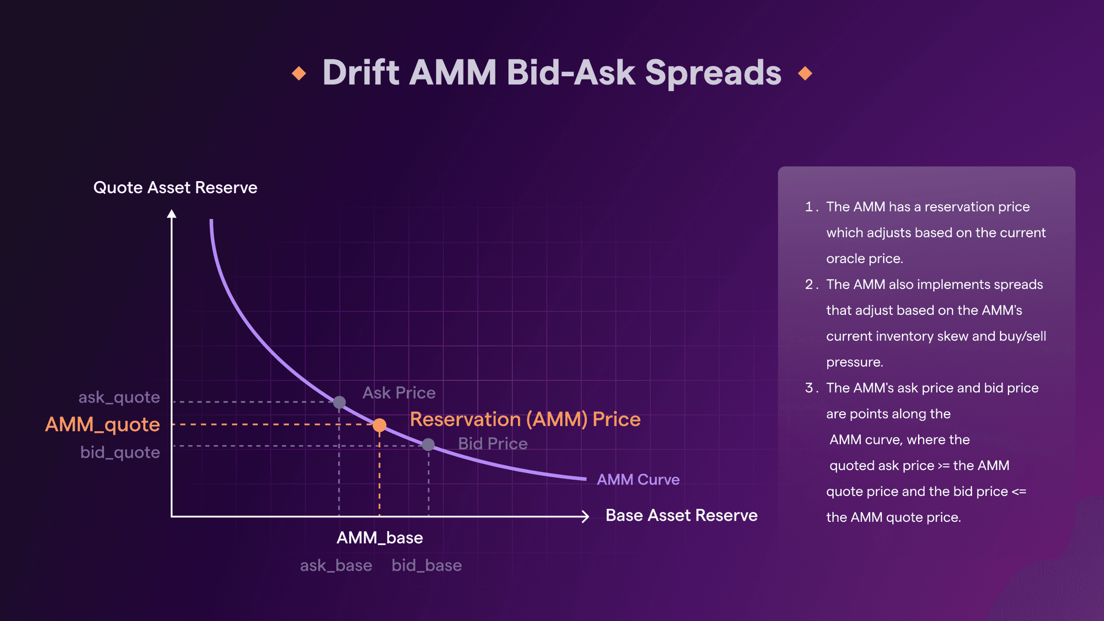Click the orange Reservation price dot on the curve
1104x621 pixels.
click(379, 425)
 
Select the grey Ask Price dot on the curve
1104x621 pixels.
click(339, 402)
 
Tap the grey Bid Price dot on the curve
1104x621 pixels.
click(428, 445)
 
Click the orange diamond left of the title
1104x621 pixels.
click(299, 73)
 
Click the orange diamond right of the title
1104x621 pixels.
click(805, 73)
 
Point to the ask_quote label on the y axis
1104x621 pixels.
click(119, 397)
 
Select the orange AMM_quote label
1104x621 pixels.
click(102, 425)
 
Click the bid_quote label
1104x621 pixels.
click(120, 452)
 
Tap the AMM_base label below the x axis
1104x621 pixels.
click(379, 538)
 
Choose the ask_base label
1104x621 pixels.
click(336, 565)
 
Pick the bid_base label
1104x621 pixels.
click(426, 565)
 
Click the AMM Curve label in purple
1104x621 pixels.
click(638, 479)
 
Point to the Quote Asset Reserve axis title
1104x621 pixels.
click(175, 187)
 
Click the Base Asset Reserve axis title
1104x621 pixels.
click(681, 515)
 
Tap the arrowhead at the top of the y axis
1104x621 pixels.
click(172, 214)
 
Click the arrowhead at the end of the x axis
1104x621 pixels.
click(585, 516)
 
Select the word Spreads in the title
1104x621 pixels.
click(713, 73)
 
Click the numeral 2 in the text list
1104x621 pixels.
click(809, 284)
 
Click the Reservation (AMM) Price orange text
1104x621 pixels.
click(525, 419)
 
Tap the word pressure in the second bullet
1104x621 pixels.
click(854, 362)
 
